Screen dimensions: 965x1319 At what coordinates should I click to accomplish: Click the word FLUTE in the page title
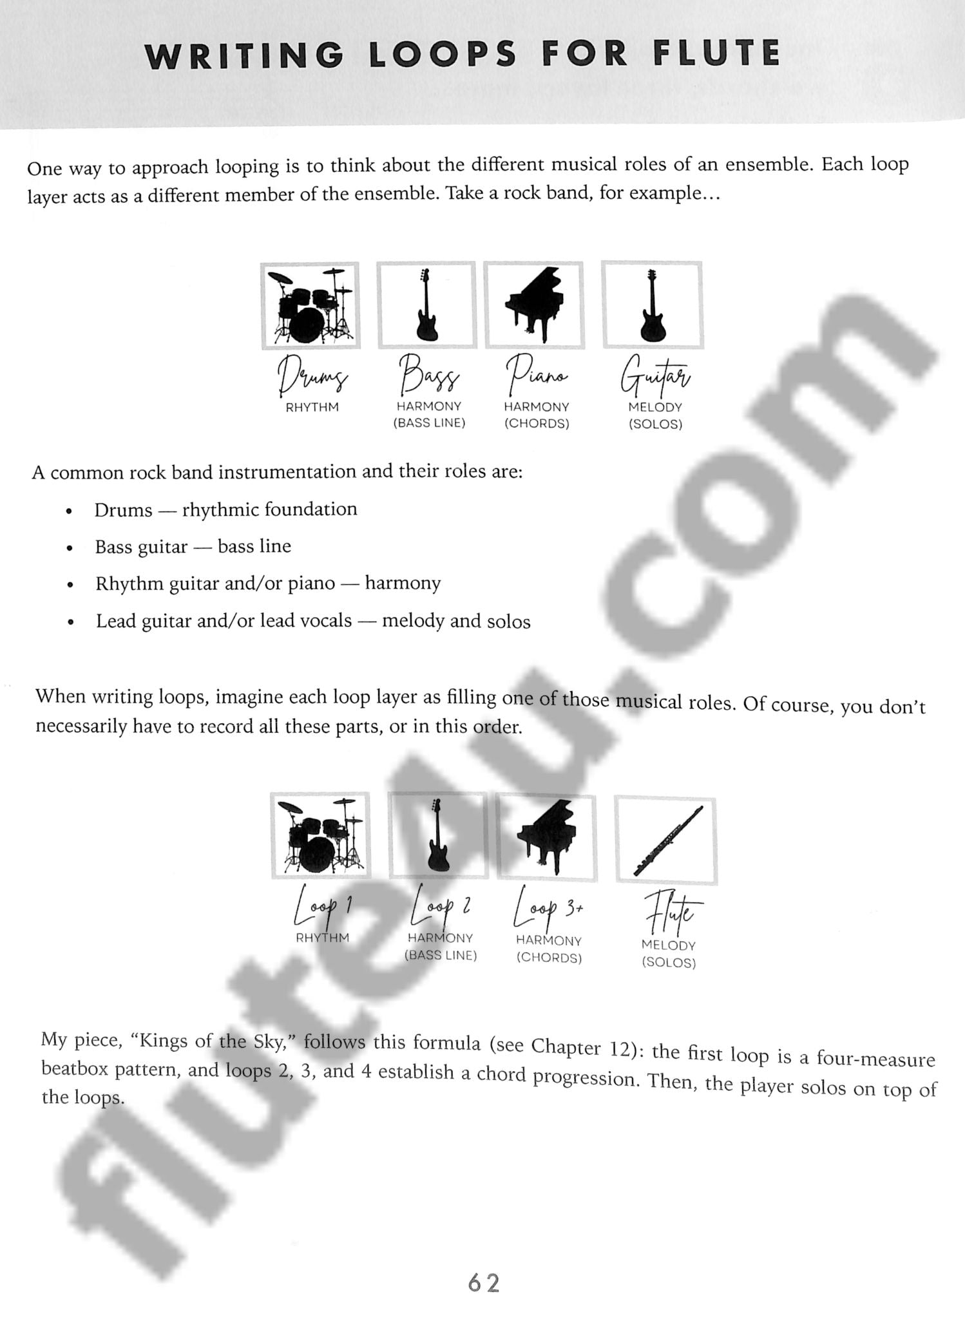tap(716, 53)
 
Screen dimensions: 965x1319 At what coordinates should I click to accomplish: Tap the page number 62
tap(484, 1283)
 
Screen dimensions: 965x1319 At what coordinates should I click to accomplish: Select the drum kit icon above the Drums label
tap(311, 306)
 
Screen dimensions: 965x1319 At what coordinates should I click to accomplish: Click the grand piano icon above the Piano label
tap(534, 305)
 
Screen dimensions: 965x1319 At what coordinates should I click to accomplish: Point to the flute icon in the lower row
tap(667, 840)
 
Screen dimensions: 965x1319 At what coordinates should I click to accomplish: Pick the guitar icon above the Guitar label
tap(652, 305)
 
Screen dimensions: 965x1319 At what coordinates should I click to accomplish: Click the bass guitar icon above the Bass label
tap(426, 305)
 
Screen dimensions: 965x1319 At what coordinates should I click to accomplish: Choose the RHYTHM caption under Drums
tap(312, 408)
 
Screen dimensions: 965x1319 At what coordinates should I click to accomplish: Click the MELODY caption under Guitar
tap(655, 408)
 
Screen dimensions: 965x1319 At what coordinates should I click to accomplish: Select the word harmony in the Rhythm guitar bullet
tap(403, 584)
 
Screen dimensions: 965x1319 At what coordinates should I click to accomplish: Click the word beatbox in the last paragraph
tap(75, 1069)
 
